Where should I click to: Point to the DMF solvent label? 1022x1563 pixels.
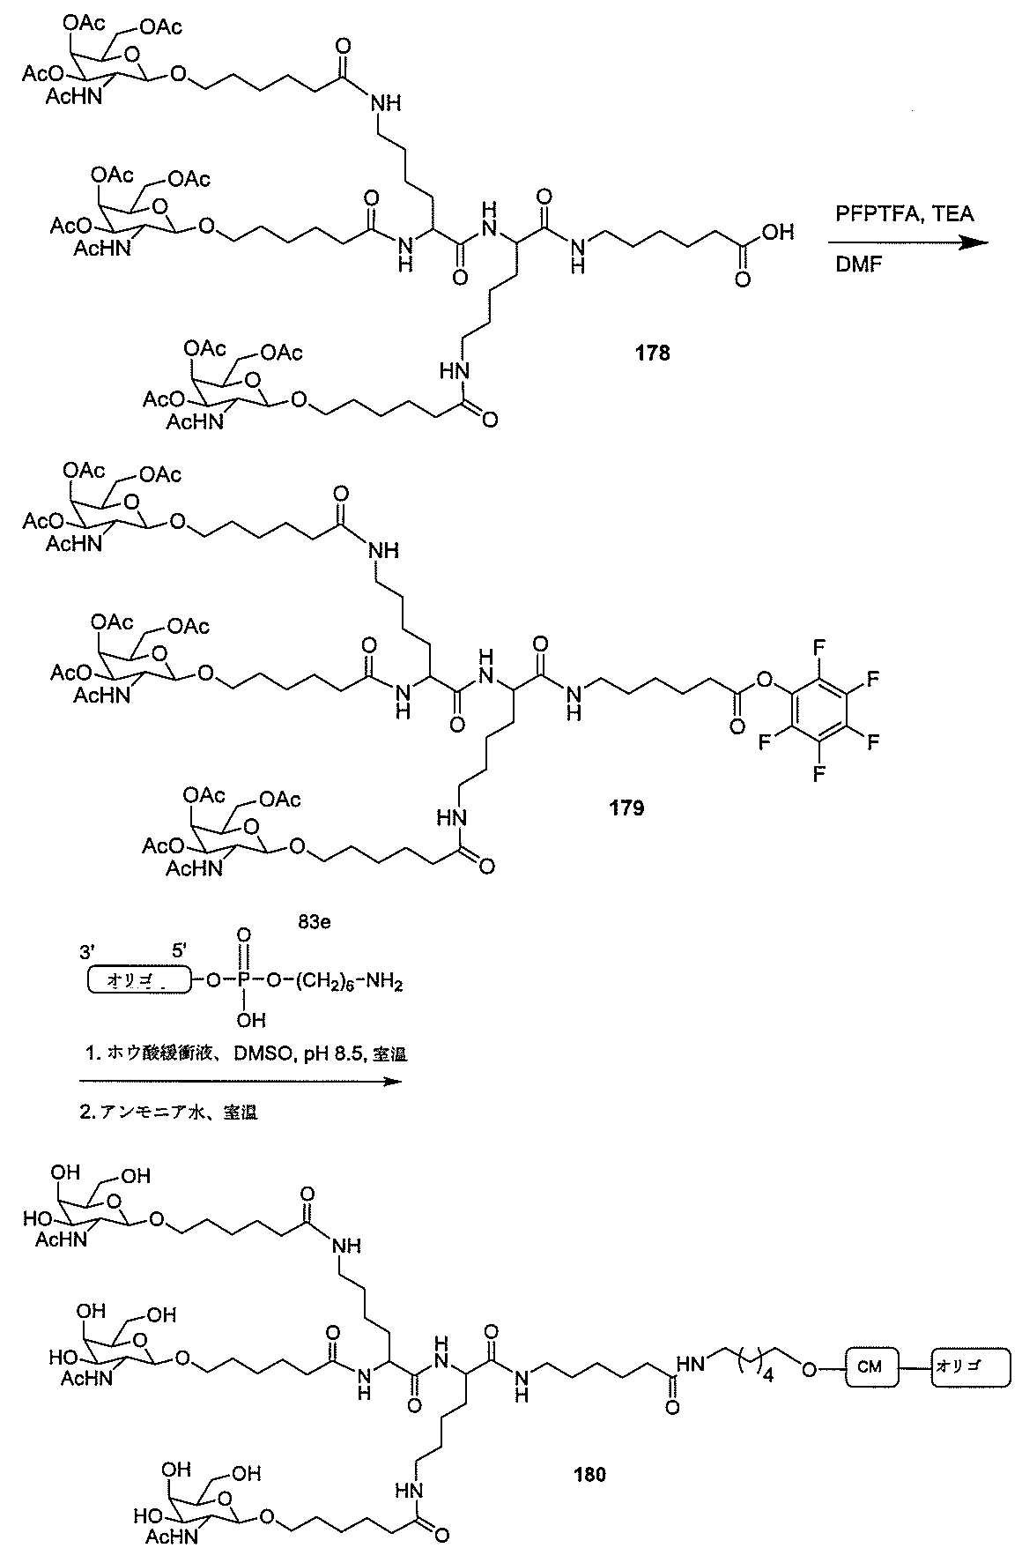click(857, 264)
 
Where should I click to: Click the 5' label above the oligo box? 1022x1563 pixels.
click(178, 951)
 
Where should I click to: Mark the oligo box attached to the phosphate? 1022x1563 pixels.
click(134, 981)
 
